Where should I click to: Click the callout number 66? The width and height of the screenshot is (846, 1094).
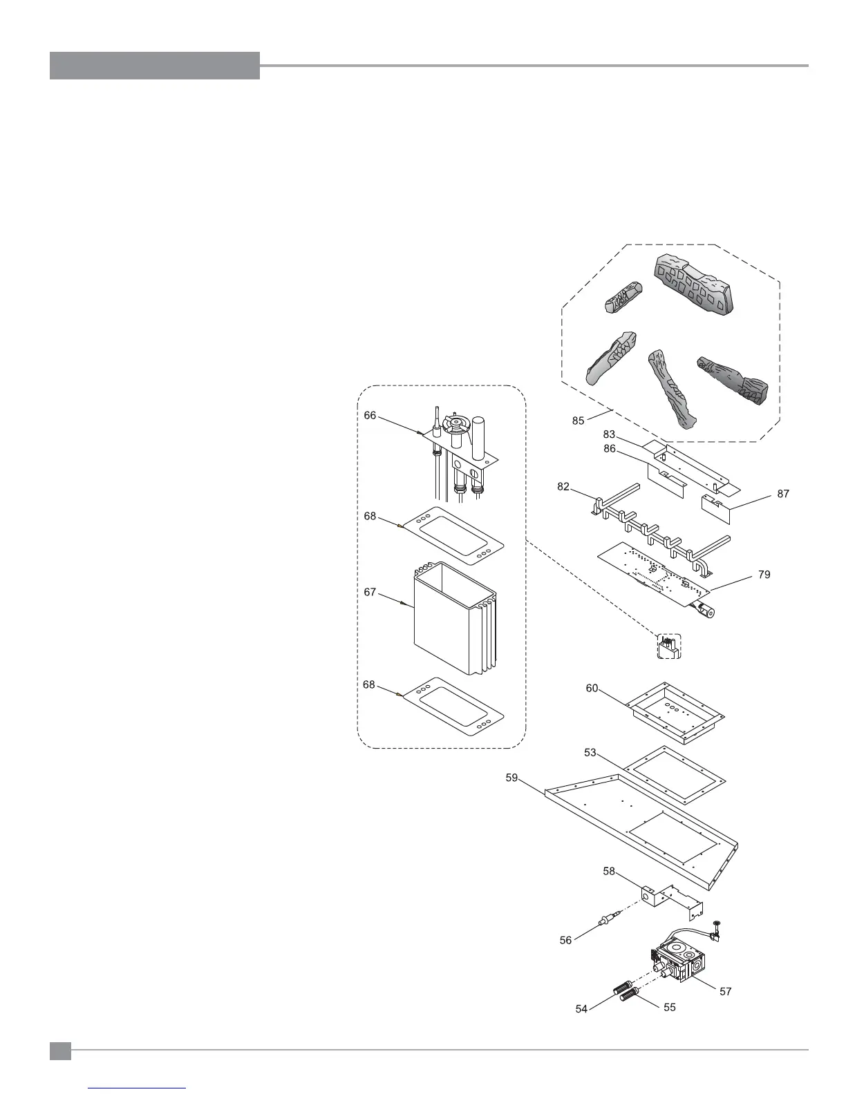tap(370, 415)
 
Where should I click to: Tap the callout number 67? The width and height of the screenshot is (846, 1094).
tap(370, 592)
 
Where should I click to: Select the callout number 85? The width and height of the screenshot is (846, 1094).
tap(579, 420)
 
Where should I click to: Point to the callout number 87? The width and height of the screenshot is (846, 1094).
tap(782, 494)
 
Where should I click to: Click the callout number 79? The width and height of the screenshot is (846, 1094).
tap(764, 574)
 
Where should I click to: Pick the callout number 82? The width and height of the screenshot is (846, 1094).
tap(563, 487)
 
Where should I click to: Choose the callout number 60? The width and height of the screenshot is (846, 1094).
tap(592, 689)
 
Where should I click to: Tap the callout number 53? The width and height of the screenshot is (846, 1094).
tap(590, 753)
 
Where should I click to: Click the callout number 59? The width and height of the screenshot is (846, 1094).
tap(512, 778)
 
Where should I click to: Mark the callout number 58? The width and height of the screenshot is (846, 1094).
tap(609, 872)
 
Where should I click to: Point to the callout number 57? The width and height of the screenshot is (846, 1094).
tap(725, 992)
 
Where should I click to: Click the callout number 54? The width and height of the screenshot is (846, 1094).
tap(581, 1009)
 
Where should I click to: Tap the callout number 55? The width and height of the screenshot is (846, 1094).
tap(670, 1007)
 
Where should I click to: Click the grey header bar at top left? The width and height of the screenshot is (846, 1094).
tap(155, 66)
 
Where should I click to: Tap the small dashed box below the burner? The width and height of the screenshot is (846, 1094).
tap(668, 646)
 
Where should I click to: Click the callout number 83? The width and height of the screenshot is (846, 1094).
tap(609, 434)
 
